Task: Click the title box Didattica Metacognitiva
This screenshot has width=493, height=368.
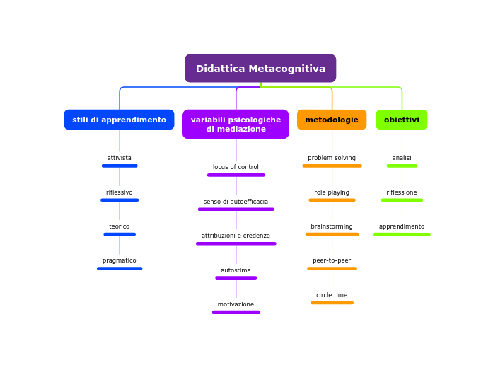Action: coord(260,69)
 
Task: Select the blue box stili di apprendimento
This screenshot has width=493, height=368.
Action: coord(119,120)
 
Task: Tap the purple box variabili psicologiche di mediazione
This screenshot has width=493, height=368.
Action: coord(236,125)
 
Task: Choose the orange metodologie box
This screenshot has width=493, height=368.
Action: coord(332,120)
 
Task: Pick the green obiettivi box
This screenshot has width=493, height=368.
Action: coord(401,120)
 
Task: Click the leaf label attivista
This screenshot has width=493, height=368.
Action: coord(120,158)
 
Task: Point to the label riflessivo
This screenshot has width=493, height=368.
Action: coord(120,192)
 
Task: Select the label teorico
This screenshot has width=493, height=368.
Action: coord(120,226)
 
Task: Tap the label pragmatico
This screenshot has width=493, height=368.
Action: coord(120,260)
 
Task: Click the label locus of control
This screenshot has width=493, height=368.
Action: coord(236,167)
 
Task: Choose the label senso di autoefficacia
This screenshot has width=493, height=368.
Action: coord(236,202)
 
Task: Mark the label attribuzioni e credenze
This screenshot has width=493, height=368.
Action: coord(236,236)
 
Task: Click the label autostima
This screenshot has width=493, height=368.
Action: coord(236,270)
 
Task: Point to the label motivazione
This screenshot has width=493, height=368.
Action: coord(236,304)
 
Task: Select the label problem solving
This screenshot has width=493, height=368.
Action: coord(332,158)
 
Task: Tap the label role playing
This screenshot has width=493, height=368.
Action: coord(332,192)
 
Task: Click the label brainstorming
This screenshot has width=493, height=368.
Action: coord(332,226)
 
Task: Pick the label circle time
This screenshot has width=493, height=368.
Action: coord(332,295)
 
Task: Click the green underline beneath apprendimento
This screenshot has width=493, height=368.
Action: coord(402,234)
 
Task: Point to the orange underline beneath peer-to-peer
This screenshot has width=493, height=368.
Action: coord(332,269)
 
